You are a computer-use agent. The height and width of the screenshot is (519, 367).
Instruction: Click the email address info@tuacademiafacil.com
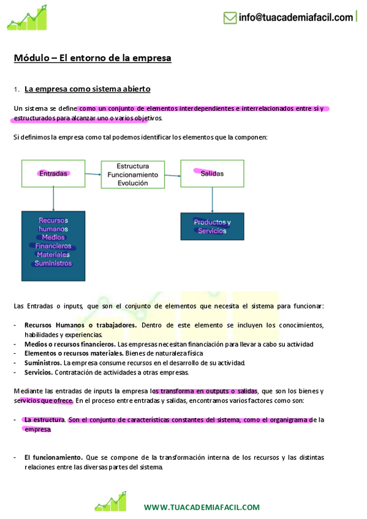point(295,17)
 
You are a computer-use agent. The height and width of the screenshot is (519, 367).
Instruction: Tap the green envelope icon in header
point(230,18)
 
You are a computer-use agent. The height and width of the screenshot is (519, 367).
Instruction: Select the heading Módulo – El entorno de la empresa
point(93,58)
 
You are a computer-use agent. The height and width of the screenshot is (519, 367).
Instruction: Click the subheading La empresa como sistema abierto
point(88,89)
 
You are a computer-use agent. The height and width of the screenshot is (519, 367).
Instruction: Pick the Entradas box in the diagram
point(53,173)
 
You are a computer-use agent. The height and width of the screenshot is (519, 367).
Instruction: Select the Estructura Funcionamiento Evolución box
point(133,174)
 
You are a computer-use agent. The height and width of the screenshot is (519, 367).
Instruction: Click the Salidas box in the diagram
point(212,173)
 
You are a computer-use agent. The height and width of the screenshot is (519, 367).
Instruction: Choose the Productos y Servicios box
point(212,226)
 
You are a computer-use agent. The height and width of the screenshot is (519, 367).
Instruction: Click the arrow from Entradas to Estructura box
point(93,174)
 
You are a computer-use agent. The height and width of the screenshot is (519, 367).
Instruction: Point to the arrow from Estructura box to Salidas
point(173,174)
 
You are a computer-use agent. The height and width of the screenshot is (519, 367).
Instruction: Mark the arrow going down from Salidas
point(212,200)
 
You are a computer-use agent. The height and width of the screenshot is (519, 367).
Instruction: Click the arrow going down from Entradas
point(54,199)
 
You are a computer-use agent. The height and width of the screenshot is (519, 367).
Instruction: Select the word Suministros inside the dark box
point(53,263)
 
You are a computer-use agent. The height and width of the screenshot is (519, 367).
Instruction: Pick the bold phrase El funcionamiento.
point(53,457)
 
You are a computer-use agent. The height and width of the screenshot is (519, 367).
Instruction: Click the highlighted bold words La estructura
point(44,420)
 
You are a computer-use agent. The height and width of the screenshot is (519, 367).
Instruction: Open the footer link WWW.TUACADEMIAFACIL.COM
point(202,507)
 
